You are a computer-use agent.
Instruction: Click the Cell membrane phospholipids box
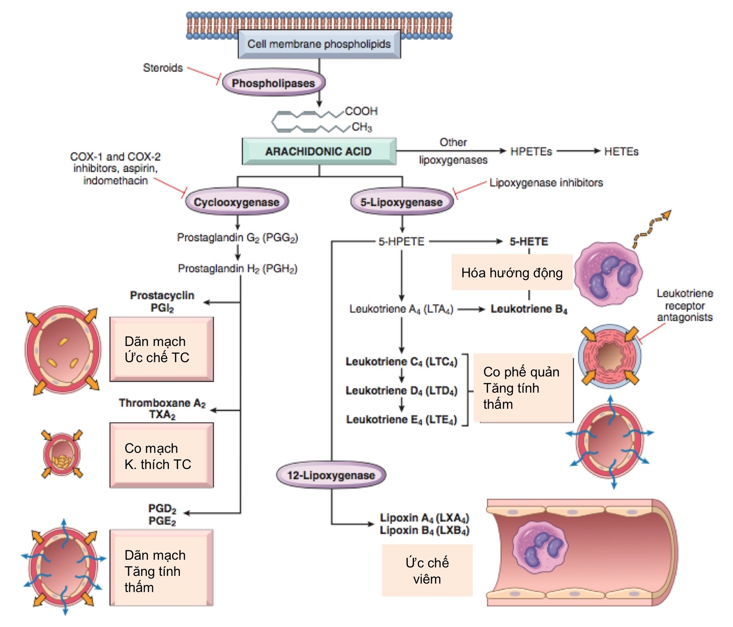[319, 44]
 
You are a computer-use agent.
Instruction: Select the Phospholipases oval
[273, 83]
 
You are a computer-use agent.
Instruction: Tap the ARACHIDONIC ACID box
[319, 151]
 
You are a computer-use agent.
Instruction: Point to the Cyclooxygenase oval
[237, 202]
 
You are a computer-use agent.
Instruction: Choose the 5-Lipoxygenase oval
[401, 202]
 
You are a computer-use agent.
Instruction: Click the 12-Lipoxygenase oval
[331, 475]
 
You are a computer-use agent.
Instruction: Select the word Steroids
[163, 68]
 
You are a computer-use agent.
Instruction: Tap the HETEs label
[621, 151]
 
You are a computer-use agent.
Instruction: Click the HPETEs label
[531, 151]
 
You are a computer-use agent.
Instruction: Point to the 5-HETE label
[529, 241]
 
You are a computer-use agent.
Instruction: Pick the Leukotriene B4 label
[529, 309]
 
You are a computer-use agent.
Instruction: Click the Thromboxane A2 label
[162, 408]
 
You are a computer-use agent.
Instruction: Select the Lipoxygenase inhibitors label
[546, 182]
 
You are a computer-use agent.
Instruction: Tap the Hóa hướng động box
[512, 272]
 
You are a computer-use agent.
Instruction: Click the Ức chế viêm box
[427, 570]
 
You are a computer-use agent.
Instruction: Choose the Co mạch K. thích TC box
[161, 455]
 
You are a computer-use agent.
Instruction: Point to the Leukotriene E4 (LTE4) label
[401, 419]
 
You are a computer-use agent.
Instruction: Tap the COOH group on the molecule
[361, 111]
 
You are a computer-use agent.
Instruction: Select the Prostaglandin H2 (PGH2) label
[238, 269]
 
